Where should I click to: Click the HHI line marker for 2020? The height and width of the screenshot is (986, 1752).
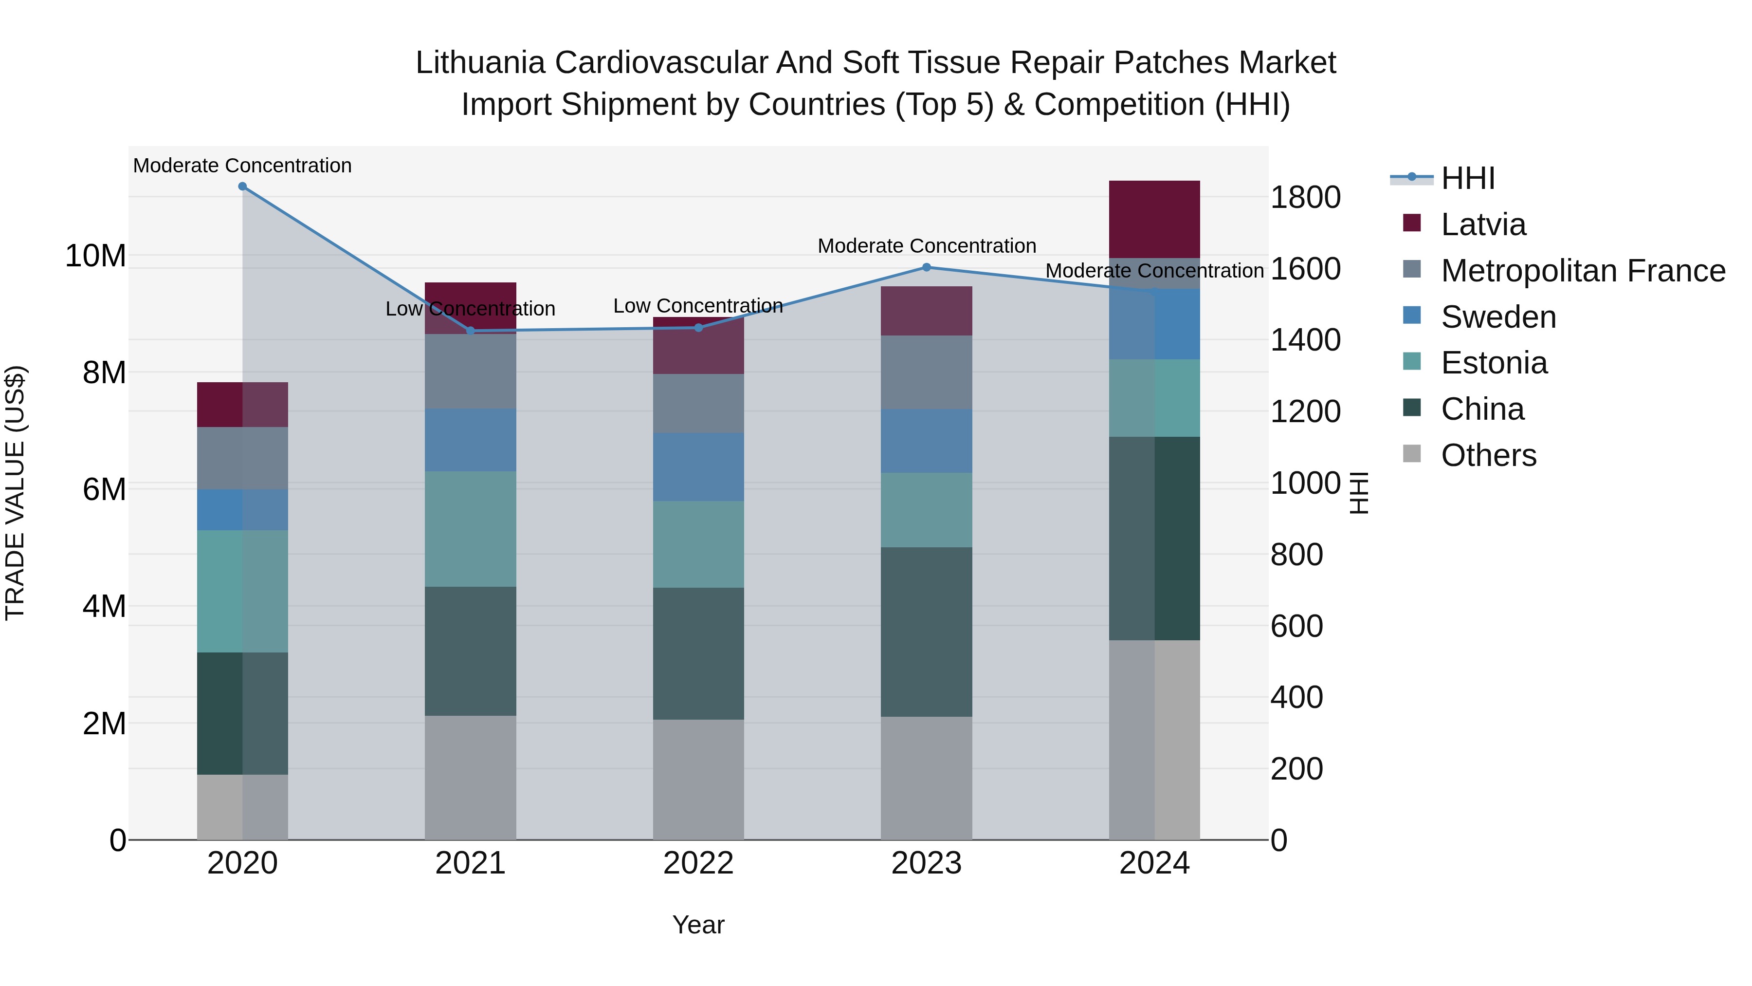(242, 186)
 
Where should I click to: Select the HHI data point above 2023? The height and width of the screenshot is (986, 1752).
(926, 267)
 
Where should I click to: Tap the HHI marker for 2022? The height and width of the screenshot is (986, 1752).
(698, 328)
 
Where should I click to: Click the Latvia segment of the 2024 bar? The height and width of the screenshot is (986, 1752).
(1154, 219)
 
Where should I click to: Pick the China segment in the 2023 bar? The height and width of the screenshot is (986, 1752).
(926, 632)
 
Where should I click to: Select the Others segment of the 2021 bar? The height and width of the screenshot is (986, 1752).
(470, 777)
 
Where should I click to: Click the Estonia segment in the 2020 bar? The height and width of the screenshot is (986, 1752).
(242, 591)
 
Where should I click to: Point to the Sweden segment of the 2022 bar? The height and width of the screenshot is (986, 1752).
(698, 467)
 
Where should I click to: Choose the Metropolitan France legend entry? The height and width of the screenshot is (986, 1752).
(1583, 271)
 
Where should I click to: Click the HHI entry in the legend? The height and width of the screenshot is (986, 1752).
(1468, 178)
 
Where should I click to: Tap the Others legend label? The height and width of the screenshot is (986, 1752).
(1488, 455)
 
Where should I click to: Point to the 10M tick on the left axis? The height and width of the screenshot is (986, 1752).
(96, 256)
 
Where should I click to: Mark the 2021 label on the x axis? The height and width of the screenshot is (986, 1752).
(470, 863)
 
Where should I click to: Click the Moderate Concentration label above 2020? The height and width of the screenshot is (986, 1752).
(242, 166)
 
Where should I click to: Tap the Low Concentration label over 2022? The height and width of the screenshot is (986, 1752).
(698, 305)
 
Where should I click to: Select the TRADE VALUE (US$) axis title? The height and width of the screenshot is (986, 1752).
(15, 493)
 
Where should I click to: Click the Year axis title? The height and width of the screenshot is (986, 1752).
(698, 925)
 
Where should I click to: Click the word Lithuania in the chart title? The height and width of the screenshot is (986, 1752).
(480, 63)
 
